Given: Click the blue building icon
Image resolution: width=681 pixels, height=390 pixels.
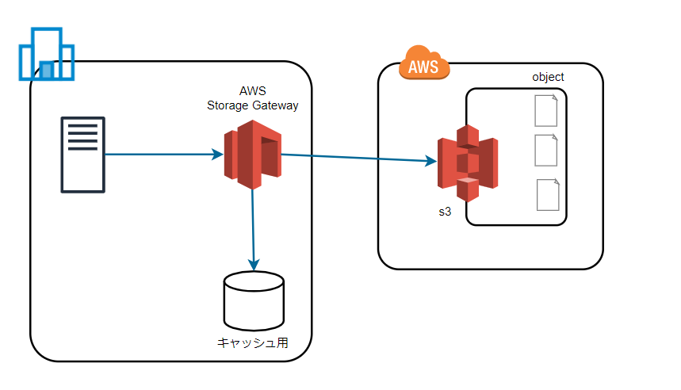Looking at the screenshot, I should pyautogui.click(x=47, y=55).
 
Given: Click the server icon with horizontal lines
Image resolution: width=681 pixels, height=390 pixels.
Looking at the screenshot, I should pyautogui.click(x=83, y=155).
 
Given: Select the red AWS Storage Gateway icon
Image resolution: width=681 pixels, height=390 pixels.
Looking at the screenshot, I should pyautogui.click(x=253, y=155).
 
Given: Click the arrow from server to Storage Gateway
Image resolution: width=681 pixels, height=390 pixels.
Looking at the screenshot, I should pyautogui.click(x=159, y=155).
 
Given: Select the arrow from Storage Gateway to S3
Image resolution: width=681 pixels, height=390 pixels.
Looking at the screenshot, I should pyautogui.click(x=357, y=159).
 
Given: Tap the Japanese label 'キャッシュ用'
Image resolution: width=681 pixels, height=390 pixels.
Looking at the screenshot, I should pyautogui.click(x=253, y=343).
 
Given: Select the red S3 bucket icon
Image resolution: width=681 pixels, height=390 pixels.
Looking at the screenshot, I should pyautogui.click(x=468, y=163).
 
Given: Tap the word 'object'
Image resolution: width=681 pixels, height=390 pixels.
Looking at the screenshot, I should pyautogui.click(x=548, y=77).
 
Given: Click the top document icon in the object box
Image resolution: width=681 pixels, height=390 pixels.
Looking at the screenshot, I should pyautogui.click(x=546, y=110).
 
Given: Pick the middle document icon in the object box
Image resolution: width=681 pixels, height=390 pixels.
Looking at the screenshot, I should pyautogui.click(x=546, y=150).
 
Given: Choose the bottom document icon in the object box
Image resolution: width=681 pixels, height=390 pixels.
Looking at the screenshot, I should pyautogui.click(x=548, y=195).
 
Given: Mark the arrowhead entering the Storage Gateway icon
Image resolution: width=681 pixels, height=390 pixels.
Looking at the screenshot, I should pyautogui.click(x=218, y=155).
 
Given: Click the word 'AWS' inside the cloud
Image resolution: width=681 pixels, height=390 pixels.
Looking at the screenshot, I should pyautogui.click(x=424, y=67).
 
